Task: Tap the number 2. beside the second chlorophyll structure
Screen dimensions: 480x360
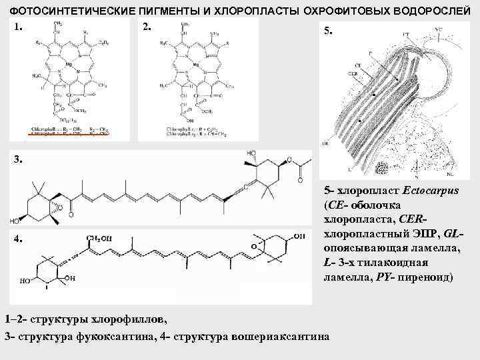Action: (147, 27)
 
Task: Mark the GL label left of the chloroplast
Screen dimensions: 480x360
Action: (325, 142)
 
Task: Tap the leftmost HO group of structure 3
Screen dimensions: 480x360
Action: (13, 221)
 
